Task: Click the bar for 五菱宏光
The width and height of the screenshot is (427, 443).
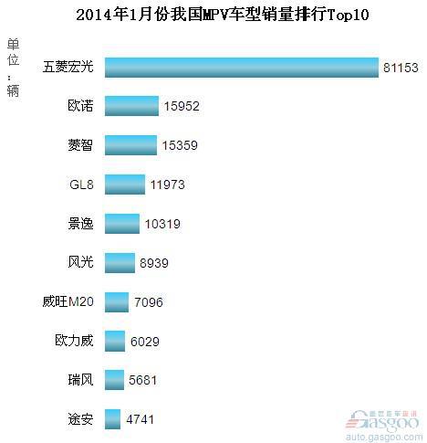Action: click(241, 68)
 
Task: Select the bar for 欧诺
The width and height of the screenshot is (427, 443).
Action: click(131, 106)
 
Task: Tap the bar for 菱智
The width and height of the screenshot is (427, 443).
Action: click(130, 145)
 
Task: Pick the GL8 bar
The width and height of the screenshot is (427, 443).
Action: click(125, 185)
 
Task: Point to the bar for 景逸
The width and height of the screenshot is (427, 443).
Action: click(122, 224)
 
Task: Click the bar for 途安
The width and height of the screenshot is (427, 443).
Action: click(113, 419)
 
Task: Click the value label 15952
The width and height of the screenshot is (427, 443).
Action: click(182, 107)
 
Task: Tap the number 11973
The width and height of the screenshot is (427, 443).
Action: click(167, 185)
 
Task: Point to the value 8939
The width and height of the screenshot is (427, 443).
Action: click(154, 263)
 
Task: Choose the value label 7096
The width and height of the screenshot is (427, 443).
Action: click(148, 302)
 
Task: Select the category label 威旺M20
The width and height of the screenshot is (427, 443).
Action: click(69, 302)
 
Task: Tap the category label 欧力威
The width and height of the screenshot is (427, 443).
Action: click(73, 341)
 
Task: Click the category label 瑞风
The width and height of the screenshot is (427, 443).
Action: click(80, 380)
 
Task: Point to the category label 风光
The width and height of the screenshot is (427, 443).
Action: click(80, 263)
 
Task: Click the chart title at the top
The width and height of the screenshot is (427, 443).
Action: click(214, 16)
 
